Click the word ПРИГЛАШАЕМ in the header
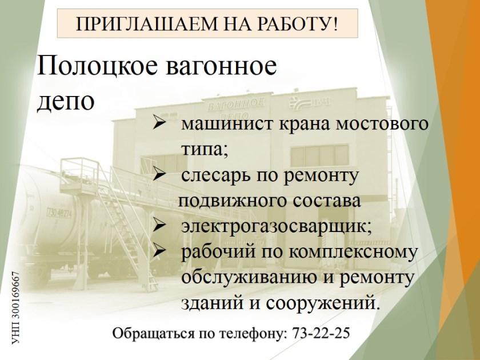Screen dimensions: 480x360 [x=146, y=24]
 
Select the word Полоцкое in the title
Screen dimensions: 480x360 [x=97, y=66]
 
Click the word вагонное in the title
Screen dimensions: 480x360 [x=221, y=67]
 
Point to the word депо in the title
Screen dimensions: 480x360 [x=65, y=102]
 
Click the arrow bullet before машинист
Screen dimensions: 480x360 [x=159, y=125]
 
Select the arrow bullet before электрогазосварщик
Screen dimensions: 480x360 [x=159, y=227]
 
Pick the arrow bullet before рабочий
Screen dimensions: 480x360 [x=159, y=252]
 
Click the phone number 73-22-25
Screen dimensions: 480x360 [x=321, y=333]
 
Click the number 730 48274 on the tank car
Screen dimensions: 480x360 [x=59, y=212]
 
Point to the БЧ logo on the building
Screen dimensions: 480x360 [x=310, y=103]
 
